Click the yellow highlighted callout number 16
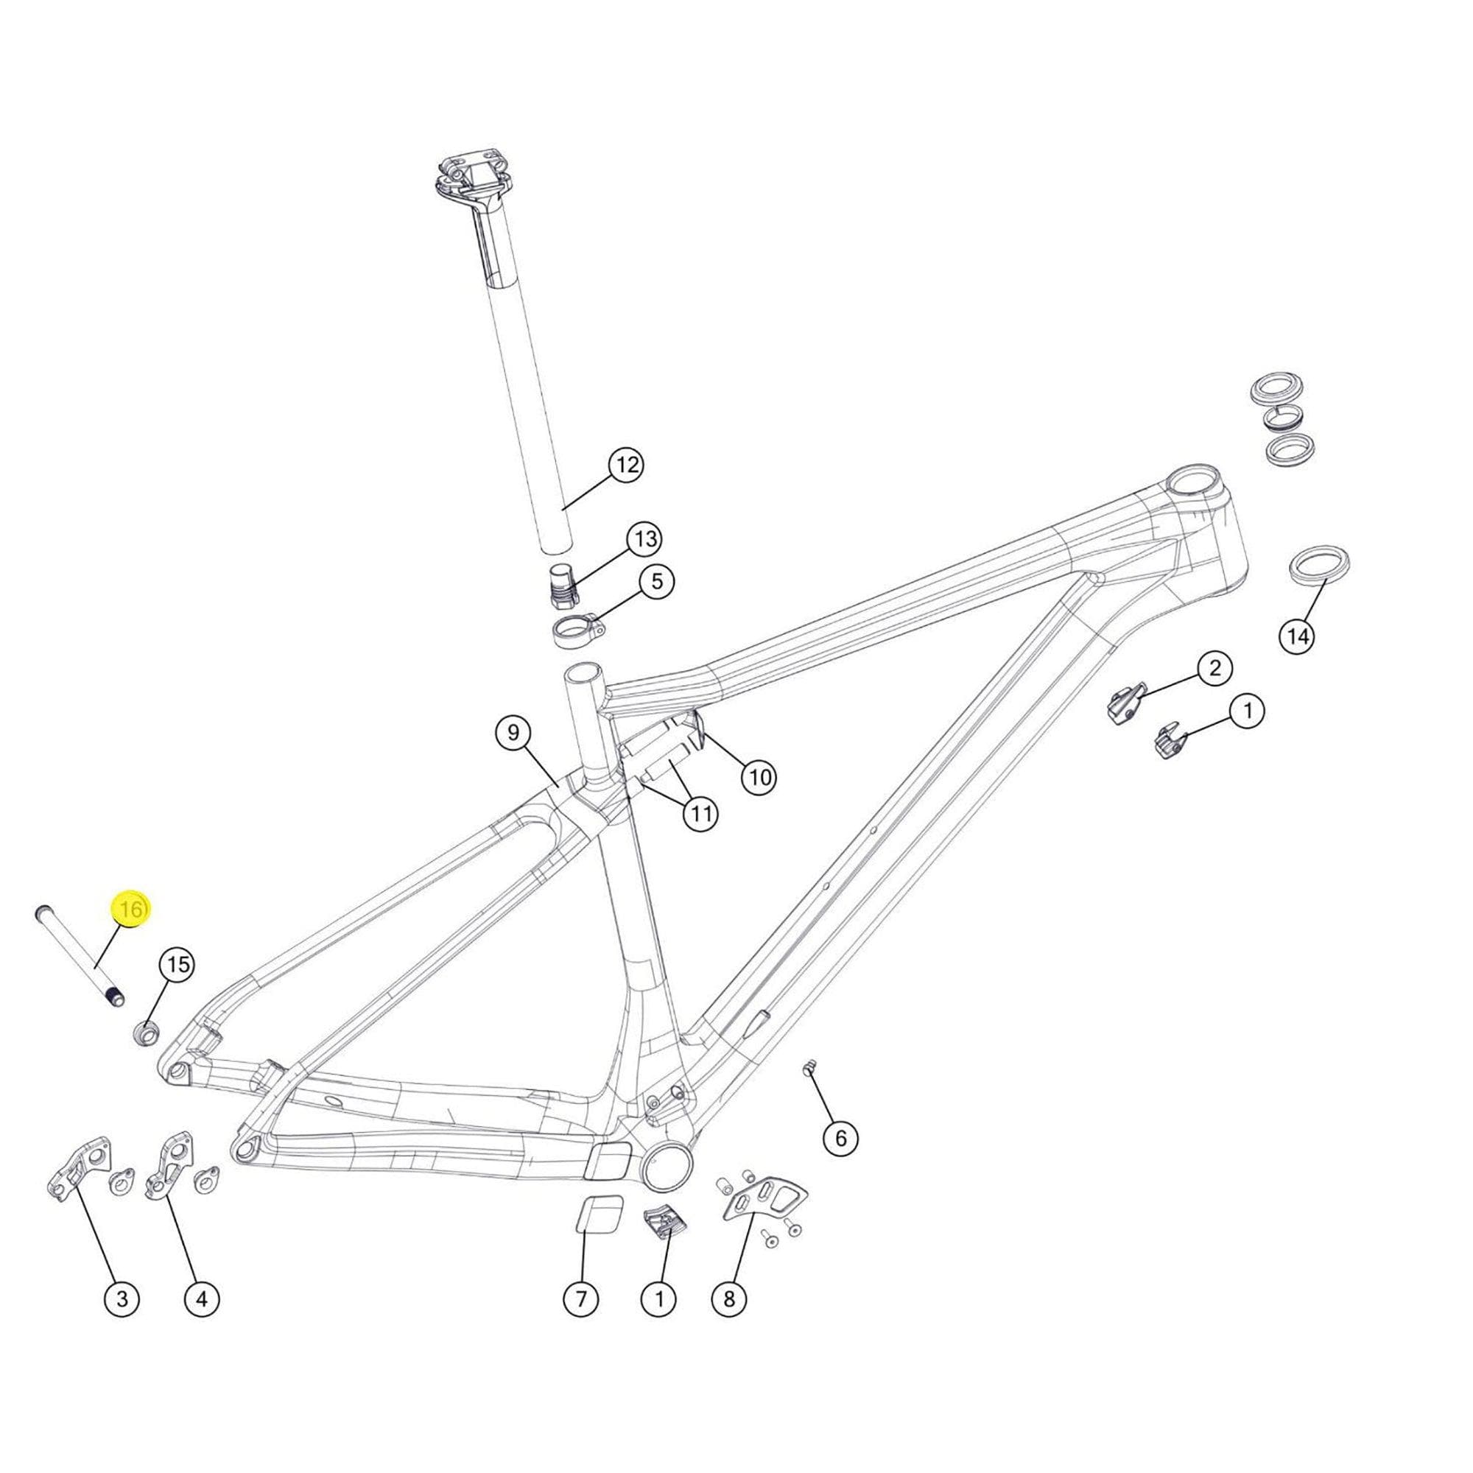click(x=131, y=910)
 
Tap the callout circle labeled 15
click(x=177, y=966)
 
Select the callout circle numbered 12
click(x=626, y=464)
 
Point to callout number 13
click(x=645, y=540)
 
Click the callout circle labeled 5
click(x=656, y=582)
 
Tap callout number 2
click(x=1214, y=669)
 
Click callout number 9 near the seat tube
click(x=513, y=733)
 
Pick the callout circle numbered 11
click(x=700, y=815)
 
